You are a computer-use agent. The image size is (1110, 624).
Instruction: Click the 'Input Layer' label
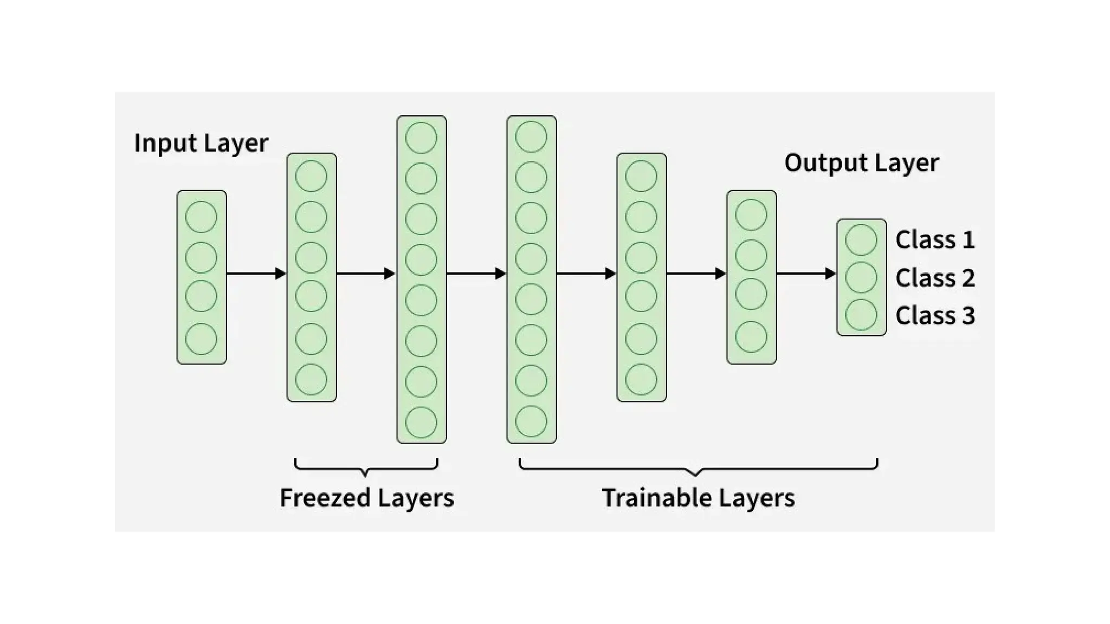tap(201, 144)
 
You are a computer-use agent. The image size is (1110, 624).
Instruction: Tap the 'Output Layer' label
tap(861, 163)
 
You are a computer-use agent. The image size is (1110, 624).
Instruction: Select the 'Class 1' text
tap(935, 239)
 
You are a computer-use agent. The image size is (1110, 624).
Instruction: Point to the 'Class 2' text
tap(935, 278)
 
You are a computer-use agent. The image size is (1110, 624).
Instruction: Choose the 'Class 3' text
tap(935, 315)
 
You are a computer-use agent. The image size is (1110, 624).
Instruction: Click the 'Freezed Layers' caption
tap(367, 498)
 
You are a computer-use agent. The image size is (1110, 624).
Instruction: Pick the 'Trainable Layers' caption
tap(698, 498)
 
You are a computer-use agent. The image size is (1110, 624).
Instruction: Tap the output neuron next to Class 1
tap(861, 239)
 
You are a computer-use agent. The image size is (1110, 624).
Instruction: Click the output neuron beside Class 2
tap(861, 277)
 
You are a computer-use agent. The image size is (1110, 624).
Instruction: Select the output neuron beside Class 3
tap(861, 315)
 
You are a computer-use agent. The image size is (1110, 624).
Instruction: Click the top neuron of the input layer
tap(201, 217)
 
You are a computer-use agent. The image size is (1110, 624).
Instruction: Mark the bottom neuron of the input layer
tap(201, 339)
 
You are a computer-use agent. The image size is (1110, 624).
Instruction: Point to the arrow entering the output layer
tap(806, 274)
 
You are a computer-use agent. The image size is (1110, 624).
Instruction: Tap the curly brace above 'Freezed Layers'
tap(366, 467)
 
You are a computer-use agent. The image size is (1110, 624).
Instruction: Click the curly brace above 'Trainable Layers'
tap(698, 467)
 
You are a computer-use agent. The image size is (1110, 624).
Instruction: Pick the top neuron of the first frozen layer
tap(311, 176)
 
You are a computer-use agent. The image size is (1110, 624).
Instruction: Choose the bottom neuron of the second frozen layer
tap(421, 422)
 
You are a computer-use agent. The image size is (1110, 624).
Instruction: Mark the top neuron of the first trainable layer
tap(531, 136)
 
